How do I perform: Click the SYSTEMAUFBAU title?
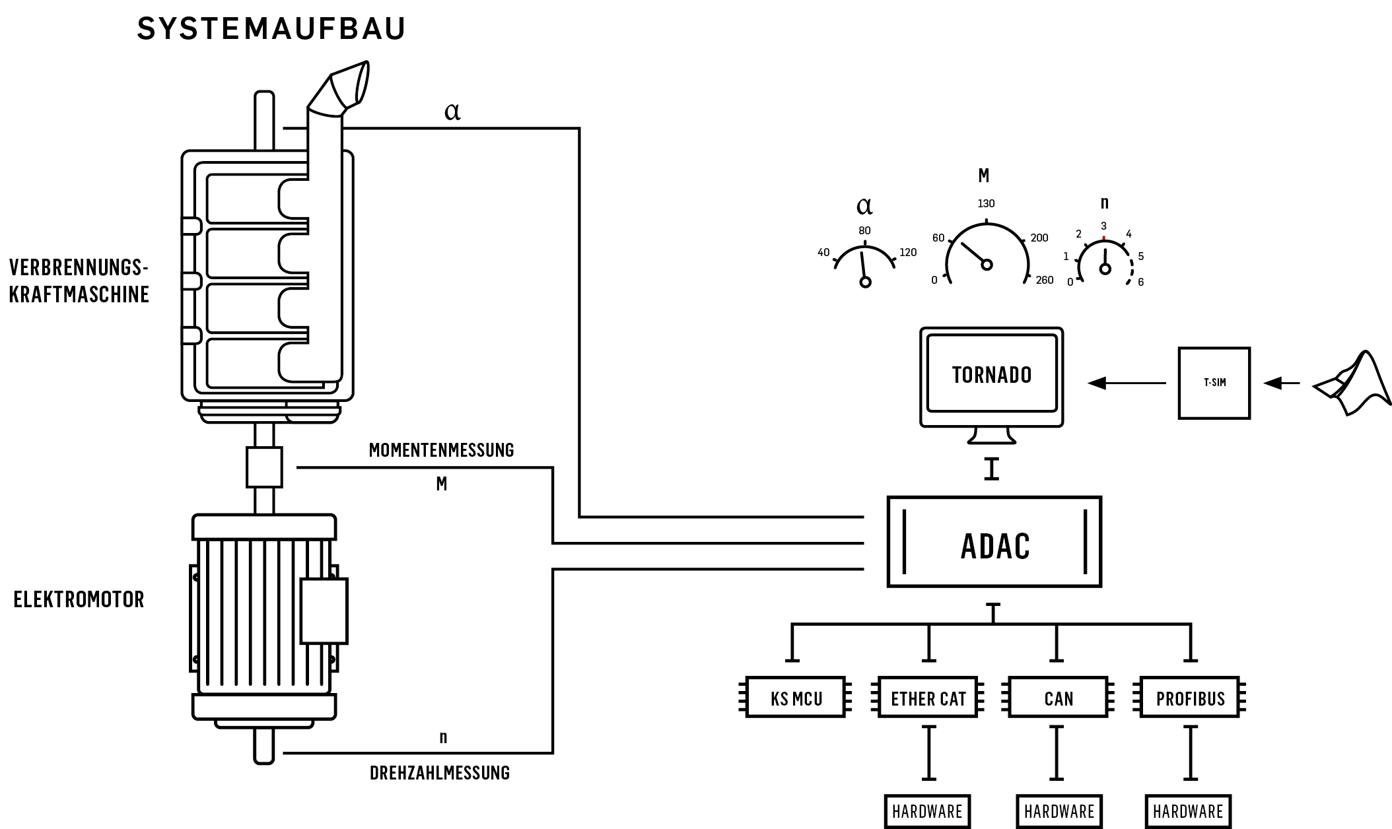click(x=271, y=29)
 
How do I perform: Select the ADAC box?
click(x=994, y=542)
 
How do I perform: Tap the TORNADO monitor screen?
click(x=992, y=374)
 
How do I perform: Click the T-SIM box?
click(x=1214, y=383)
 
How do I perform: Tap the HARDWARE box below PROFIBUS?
click(x=1188, y=811)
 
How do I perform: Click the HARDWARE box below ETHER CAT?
click(x=927, y=811)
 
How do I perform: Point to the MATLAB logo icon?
click(x=1351, y=383)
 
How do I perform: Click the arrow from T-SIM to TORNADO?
click(x=1127, y=383)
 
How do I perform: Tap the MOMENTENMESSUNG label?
click(x=441, y=450)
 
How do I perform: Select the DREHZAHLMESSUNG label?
click(x=440, y=773)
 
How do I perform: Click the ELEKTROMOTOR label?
click(x=79, y=599)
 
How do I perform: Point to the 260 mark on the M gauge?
click(x=1045, y=280)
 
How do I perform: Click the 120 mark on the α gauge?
click(x=908, y=252)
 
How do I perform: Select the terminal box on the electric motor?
click(x=324, y=611)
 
